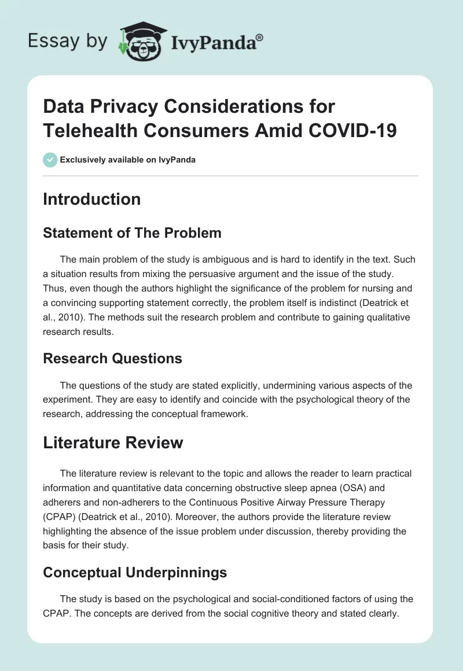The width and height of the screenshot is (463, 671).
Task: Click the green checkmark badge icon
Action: click(x=50, y=160)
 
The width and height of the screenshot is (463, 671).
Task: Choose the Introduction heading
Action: click(x=91, y=199)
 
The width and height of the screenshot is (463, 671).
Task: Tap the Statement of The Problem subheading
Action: click(x=132, y=233)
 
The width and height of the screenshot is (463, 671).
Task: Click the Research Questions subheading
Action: click(x=112, y=359)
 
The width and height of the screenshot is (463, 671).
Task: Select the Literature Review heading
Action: click(x=113, y=443)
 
